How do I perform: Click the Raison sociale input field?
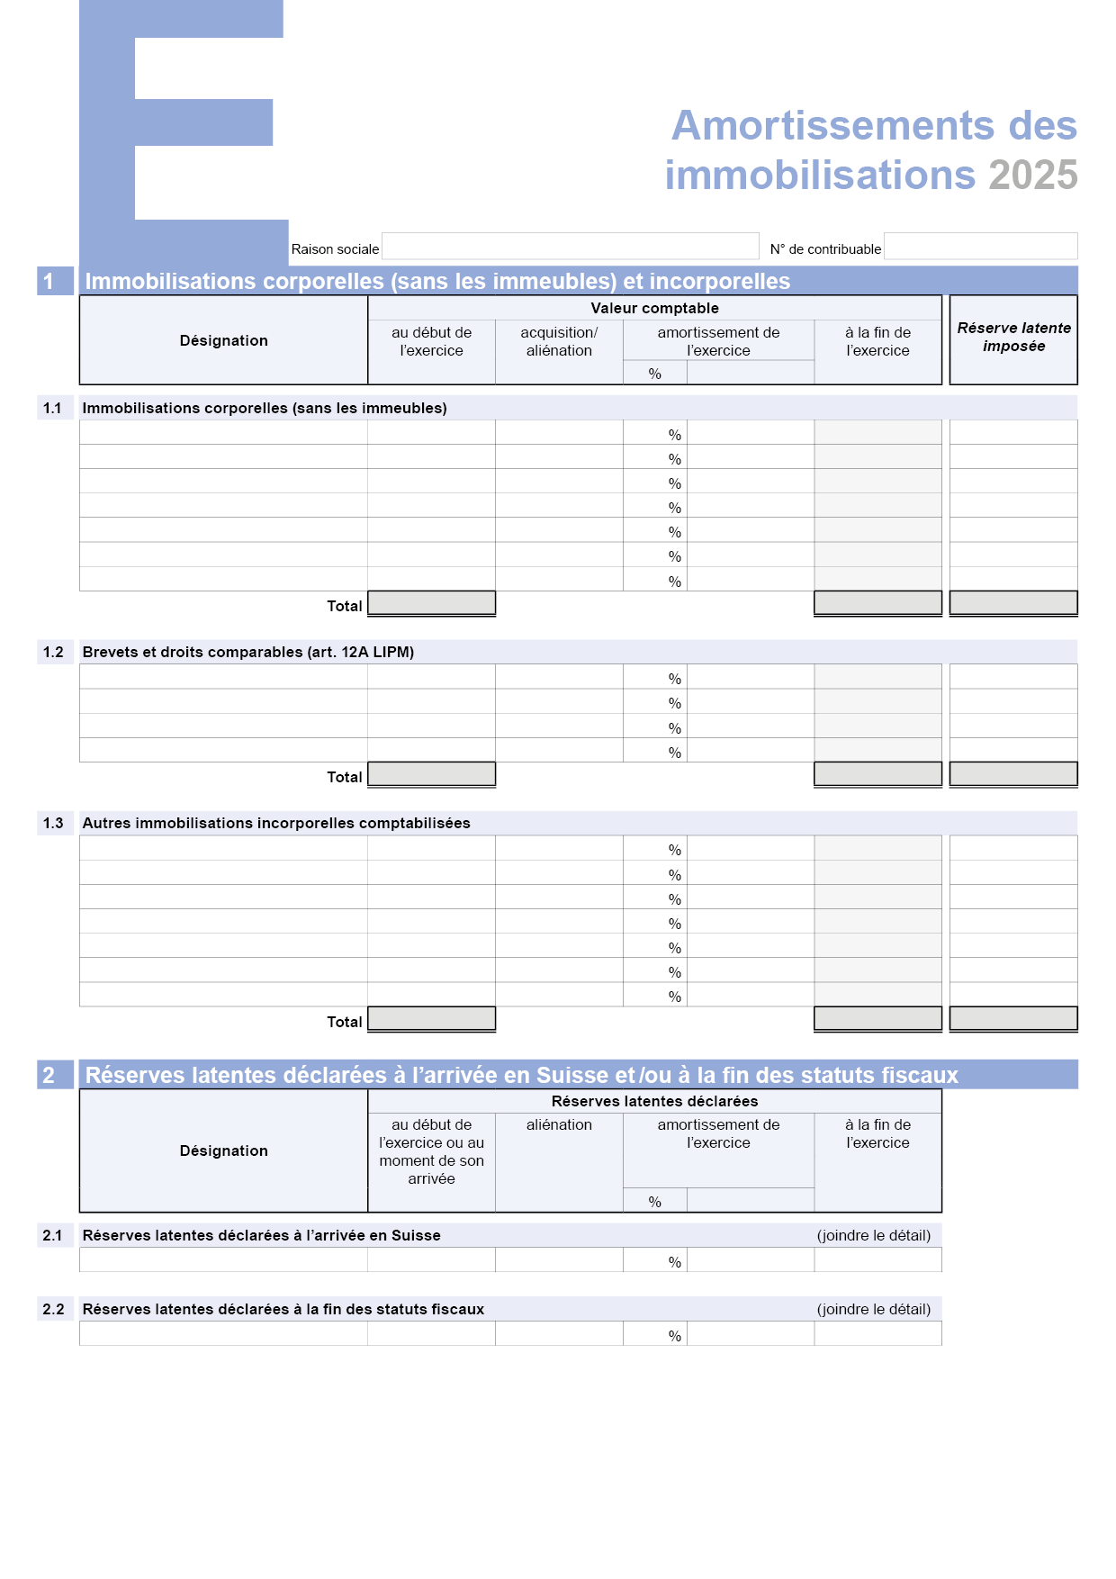(570, 247)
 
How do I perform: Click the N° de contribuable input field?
(980, 247)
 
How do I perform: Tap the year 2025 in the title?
(1032, 176)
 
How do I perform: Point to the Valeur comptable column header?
(654, 308)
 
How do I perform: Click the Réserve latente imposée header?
(1013, 338)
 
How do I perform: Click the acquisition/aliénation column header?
(559, 342)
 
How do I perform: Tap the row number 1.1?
(53, 408)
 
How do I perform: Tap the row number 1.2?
(53, 652)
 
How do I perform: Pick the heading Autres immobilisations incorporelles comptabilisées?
(276, 823)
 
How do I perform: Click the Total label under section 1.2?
(344, 777)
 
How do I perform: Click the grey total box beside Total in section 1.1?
(432, 603)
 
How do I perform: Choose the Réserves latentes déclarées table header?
(654, 1101)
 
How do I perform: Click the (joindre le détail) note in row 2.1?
(873, 1235)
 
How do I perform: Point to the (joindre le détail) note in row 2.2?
(873, 1309)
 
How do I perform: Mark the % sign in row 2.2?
(675, 1336)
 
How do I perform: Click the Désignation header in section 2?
(223, 1150)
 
